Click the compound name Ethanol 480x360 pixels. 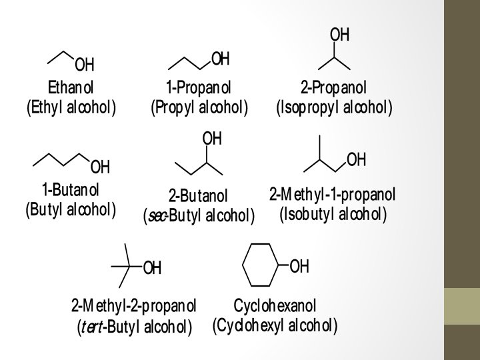click(x=71, y=88)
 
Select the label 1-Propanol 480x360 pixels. click(x=199, y=88)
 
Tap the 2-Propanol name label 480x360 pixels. click(x=333, y=88)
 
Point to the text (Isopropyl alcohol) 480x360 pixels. click(x=334, y=107)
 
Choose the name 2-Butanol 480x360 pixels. click(x=198, y=196)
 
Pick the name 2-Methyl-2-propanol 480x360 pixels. click(x=133, y=306)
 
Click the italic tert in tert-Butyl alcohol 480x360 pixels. click(x=92, y=327)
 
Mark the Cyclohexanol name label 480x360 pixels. click(x=275, y=306)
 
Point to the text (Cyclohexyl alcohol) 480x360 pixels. click(x=275, y=325)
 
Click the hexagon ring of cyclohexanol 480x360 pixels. click(x=260, y=267)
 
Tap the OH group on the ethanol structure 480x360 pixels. click(x=85, y=65)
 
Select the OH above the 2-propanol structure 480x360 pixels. click(x=339, y=35)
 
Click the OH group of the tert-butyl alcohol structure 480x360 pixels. click(x=153, y=268)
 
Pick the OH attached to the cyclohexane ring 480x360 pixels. click(x=299, y=267)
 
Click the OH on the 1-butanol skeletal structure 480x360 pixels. click(x=100, y=165)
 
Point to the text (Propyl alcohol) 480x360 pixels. click(x=199, y=107)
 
